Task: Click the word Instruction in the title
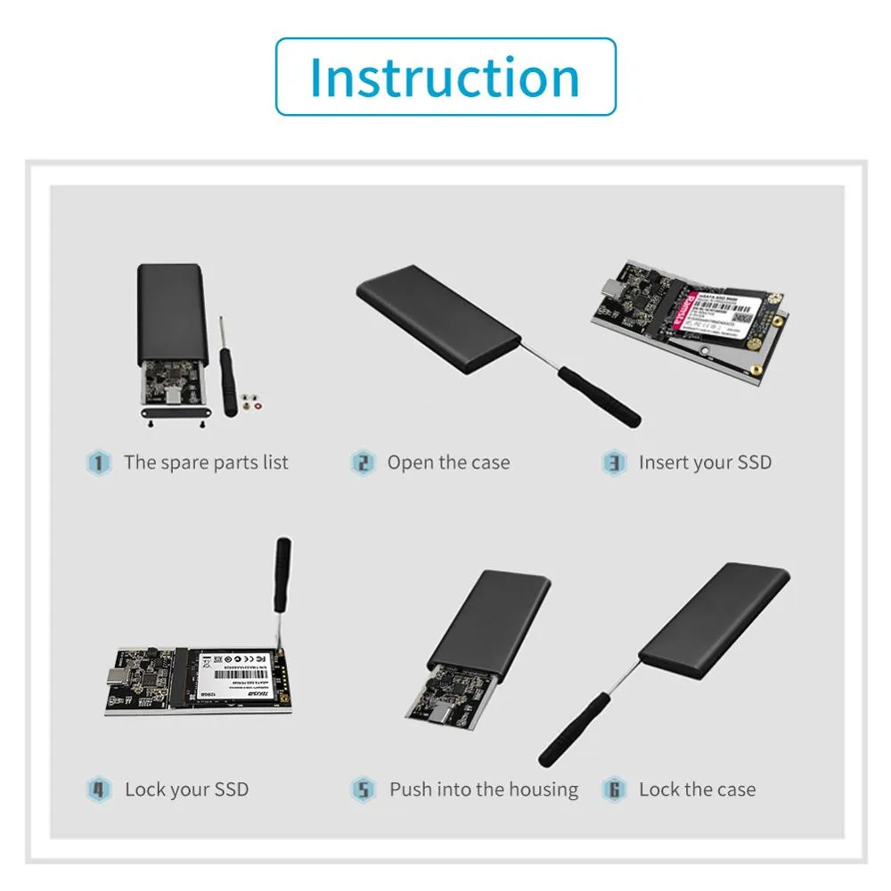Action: pos(445,77)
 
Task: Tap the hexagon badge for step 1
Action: pos(98,462)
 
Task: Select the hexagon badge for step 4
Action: pos(98,789)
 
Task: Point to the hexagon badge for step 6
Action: pos(614,789)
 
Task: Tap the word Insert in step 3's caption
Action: pos(662,462)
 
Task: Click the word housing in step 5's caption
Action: pos(543,789)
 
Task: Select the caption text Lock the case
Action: pos(697,789)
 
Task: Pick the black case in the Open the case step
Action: pos(437,317)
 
